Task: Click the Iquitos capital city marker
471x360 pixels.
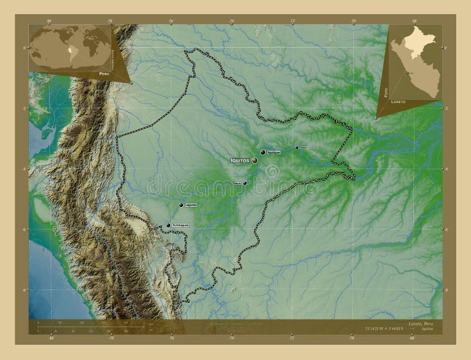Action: point(254,159)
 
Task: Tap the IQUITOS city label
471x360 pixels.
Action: point(240,159)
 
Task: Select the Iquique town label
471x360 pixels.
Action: point(273,152)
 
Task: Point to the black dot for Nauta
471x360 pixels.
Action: point(245,183)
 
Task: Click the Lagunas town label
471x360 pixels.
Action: point(191,205)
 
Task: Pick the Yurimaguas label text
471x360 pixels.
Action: point(181,225)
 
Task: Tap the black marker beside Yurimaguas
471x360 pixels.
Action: point(168,225)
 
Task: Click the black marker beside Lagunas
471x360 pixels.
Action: point(181,205)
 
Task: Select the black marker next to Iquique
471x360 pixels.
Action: point(263,152)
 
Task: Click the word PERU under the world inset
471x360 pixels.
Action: point(104,73)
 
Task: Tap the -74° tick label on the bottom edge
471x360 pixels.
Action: point(232,338)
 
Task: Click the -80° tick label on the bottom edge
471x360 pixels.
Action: point(51,338)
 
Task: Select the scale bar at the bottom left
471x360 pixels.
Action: point(82,326)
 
